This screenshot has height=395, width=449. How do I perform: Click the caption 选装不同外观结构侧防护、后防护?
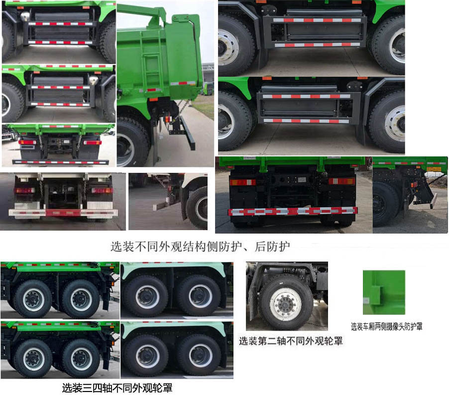point(200,247)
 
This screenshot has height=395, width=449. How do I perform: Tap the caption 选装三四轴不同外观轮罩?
point(117,388)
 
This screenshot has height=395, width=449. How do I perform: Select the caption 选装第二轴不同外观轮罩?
point(291,341)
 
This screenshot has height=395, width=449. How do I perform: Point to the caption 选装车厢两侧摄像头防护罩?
point(387,326)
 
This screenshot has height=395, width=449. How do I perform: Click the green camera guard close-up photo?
point(384,292)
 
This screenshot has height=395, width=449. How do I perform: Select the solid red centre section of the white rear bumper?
point(63,213)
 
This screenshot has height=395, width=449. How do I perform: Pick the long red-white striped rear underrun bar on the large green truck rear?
point(293,211)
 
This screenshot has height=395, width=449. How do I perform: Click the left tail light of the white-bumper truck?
point(24,190)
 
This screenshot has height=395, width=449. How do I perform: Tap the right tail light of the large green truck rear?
point(341,181)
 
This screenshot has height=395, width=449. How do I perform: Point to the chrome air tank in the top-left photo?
point(25,16)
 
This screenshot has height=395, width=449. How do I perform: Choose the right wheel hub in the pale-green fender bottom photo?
point(201,356)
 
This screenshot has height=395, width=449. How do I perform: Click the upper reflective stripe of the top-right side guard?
point(317,20)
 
